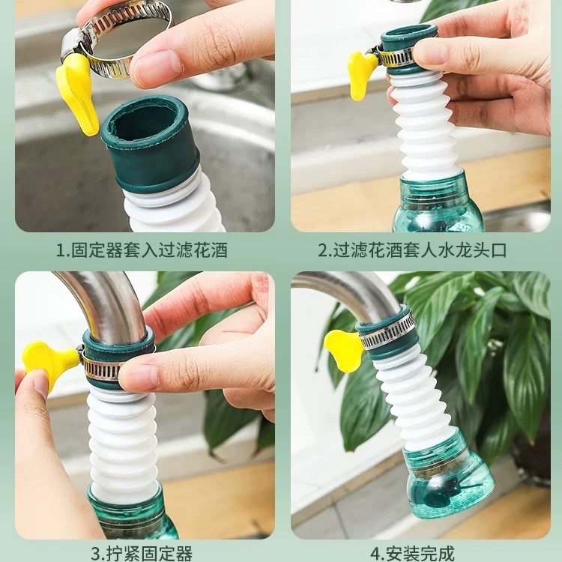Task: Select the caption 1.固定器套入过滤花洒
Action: point(142,250)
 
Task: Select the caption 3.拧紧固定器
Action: point(142,554)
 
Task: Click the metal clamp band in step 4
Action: point(388,335)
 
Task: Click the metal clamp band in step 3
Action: point(112,367)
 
